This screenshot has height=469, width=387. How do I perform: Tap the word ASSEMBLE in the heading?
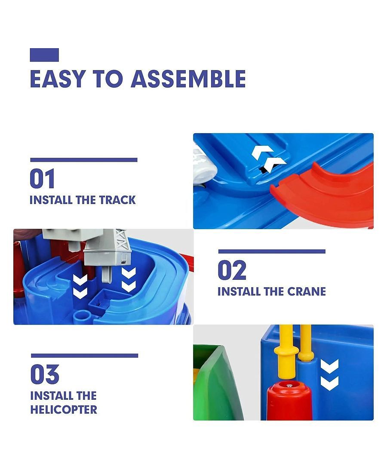(188, 79)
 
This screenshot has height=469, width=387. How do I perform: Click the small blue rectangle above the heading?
(44, 55)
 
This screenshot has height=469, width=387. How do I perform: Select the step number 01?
(42, 178)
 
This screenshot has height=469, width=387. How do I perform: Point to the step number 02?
(232, 270)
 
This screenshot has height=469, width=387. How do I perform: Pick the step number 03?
(45, 374)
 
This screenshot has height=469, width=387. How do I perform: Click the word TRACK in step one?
(117, 200)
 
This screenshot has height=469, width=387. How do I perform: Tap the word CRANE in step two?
(307, 291)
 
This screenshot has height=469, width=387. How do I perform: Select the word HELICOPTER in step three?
(64, 410)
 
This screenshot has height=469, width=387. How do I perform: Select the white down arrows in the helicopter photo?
(329, 375)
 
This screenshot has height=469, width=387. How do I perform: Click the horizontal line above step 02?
(272, 251)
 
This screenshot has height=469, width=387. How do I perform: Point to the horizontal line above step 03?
(84, 356)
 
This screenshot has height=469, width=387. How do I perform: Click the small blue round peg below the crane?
(82, 316)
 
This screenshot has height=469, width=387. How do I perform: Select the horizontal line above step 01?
(84, 160)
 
